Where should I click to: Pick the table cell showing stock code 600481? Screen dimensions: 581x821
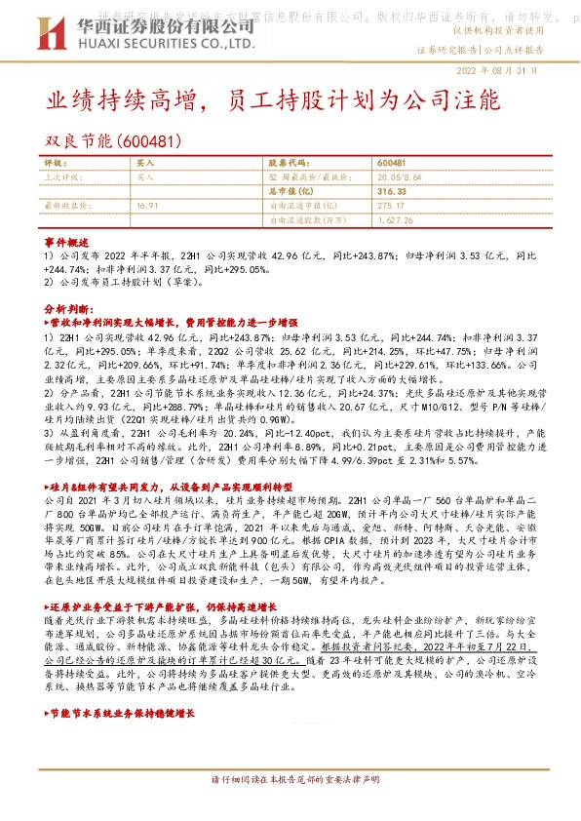coord(391,162)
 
